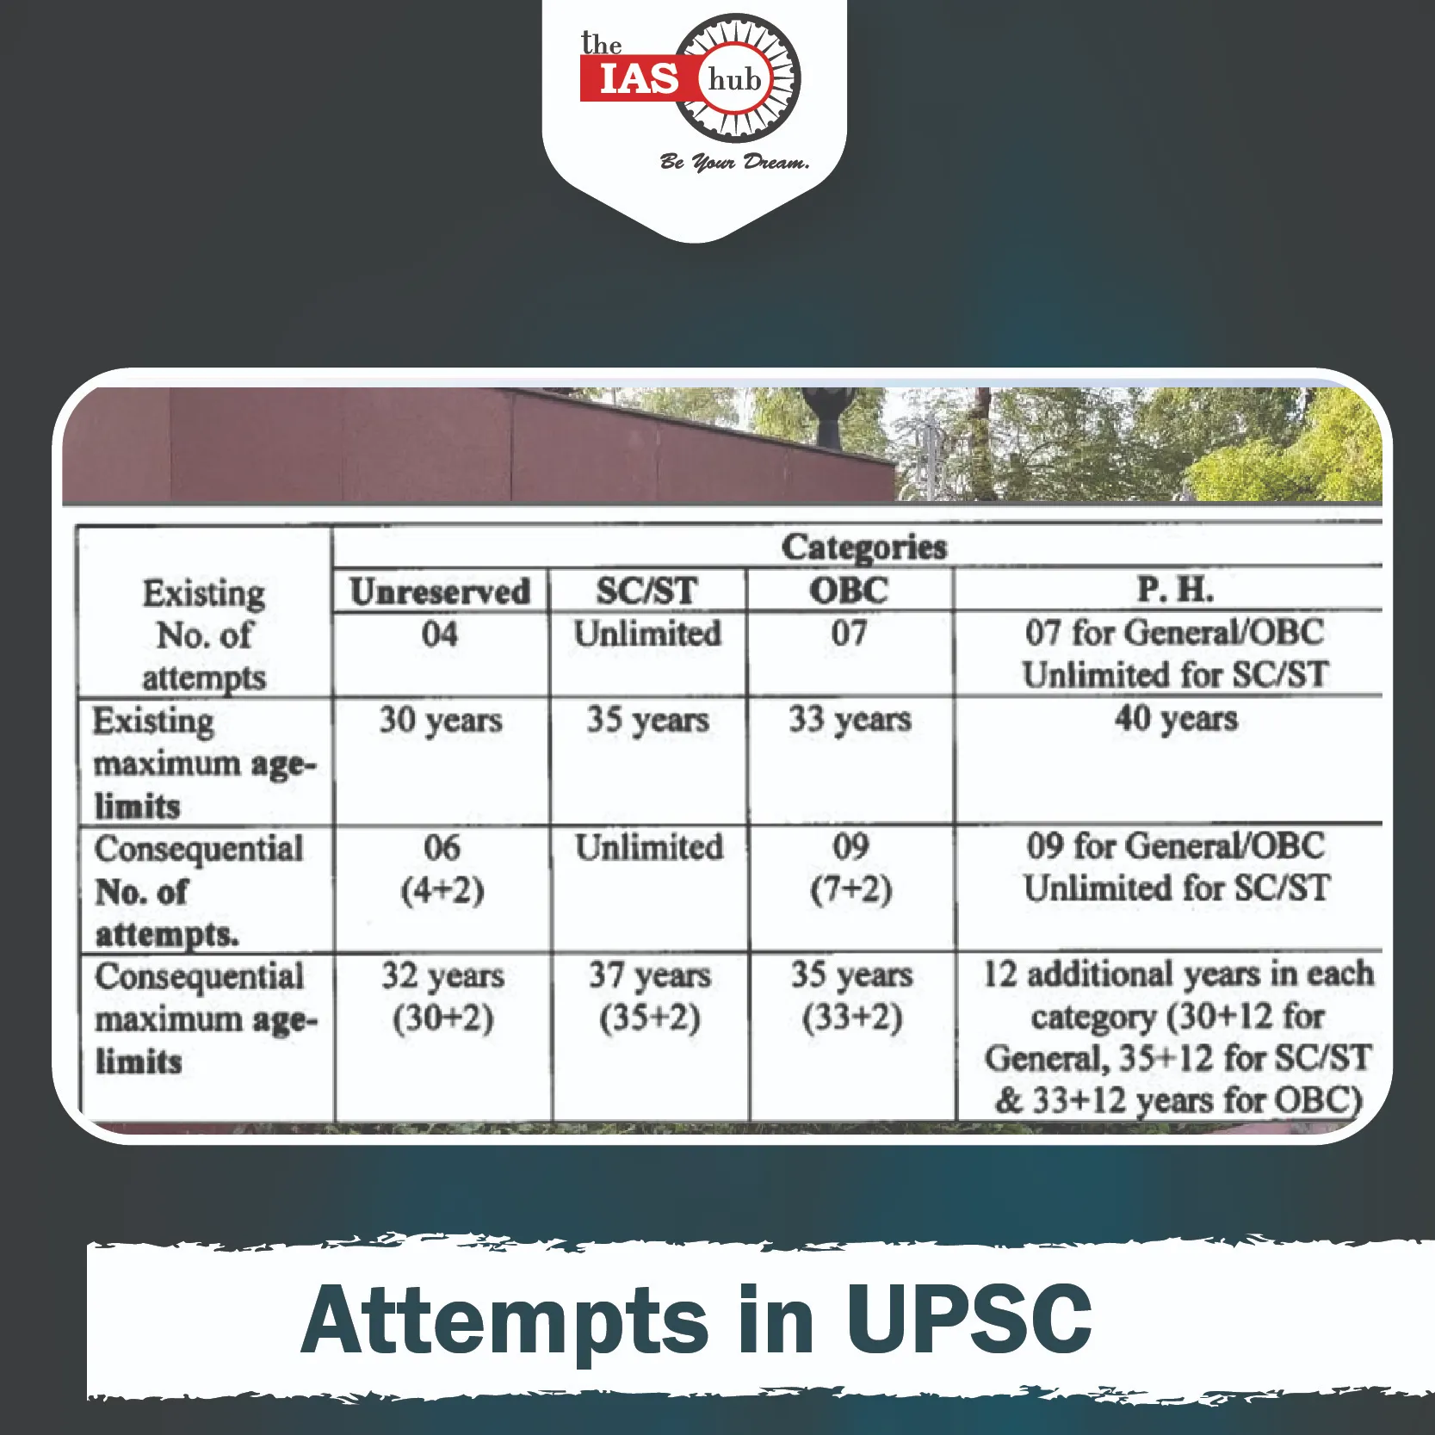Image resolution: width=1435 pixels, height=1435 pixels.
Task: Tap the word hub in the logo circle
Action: (735, 80)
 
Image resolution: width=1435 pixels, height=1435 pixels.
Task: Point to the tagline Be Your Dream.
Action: (734, 162)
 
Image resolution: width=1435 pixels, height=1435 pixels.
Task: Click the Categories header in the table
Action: (863, 547)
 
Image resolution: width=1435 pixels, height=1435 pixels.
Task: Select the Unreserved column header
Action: (440, 591)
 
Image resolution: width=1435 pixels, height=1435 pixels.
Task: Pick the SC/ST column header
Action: (647, 591)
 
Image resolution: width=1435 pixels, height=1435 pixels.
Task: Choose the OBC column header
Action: (849, 591)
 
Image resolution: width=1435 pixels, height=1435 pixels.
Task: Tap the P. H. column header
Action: (1175, 590)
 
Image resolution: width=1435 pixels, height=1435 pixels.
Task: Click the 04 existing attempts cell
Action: (440, 634)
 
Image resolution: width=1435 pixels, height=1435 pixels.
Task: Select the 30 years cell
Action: (441, 721)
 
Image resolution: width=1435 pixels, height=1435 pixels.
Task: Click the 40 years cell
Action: (1176, 718)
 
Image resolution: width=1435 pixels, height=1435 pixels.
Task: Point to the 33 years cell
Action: (850, 719)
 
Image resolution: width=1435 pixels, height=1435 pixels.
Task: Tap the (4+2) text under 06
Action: (442, 890)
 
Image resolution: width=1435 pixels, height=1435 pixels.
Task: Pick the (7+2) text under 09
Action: (851, 888)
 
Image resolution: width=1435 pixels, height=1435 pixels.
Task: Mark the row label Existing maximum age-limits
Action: (205, 764)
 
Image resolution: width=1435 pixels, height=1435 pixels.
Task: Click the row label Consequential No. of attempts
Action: (199, 891)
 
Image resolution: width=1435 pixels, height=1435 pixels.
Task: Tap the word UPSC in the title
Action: (969, 1319)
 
